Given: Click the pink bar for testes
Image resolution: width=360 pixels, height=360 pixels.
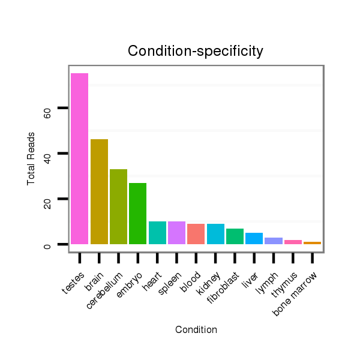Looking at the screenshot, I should pos(79,158).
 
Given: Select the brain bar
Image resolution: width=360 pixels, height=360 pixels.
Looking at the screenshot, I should pos(99,191).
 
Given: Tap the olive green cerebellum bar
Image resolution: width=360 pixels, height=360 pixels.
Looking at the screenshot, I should pos(118,206).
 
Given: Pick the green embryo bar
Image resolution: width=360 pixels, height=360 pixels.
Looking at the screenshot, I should pos(137,214).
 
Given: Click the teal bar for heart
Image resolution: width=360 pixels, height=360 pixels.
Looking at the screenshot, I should pos(157,233).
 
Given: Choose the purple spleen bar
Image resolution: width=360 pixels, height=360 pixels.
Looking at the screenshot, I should pos(176,233).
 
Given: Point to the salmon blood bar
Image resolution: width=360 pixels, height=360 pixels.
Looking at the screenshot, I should pos(196,234).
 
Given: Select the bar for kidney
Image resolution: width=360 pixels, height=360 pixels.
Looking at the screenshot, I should pos(215,234).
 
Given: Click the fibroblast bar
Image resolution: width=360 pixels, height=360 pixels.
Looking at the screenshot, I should pos(235,236).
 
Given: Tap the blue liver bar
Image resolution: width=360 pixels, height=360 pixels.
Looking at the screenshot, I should pos(254,238).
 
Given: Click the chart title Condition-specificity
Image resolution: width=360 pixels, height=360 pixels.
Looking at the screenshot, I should pos(196,52).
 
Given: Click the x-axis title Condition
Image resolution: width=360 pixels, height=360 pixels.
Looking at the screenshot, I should pos(196,329).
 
